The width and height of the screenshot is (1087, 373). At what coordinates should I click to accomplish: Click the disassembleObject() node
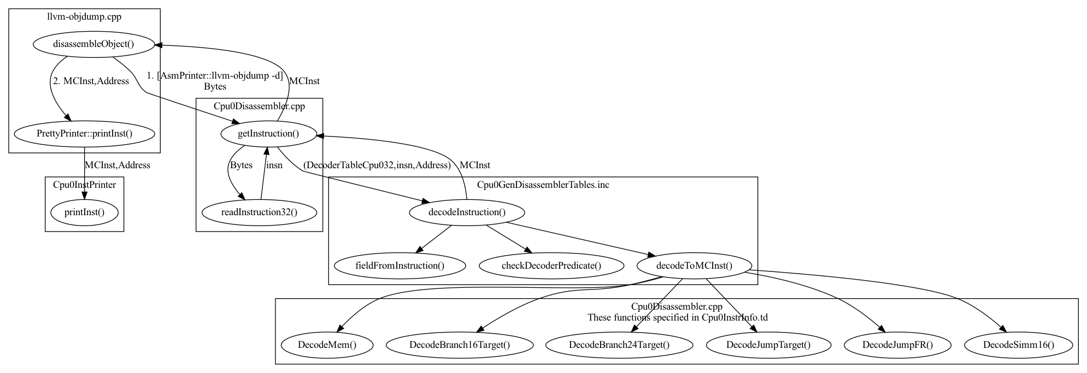tap(93, 45)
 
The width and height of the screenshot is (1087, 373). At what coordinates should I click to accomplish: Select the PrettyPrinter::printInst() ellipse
tap(84, 133)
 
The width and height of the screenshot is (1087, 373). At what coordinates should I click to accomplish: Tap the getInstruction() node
tap(268, 133)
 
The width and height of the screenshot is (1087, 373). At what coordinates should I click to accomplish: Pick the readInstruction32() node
tap(259, 212)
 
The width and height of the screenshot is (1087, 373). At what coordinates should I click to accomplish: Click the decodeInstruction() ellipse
tap(467, 212)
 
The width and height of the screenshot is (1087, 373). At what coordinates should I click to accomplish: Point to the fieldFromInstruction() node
tap(399, 266)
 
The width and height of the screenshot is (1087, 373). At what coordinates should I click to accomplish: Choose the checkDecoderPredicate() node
tap(551, 266)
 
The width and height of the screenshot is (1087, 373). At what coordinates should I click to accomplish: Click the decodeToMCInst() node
tap(694, 266)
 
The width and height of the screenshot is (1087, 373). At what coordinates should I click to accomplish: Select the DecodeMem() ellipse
tap(327, 345)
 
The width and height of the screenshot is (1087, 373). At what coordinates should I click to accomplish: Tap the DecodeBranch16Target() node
tap(459, 345)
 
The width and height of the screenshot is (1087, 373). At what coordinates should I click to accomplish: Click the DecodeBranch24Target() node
tap(619, 345)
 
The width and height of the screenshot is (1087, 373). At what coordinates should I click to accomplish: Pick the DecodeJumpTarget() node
tap(768, 345)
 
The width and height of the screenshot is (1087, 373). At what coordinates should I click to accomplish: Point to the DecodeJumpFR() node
tap(897, 345)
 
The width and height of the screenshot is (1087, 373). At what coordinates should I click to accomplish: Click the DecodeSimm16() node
tap(1018, 345)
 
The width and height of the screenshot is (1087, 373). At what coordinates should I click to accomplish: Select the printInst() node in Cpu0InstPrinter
tap(84, 212)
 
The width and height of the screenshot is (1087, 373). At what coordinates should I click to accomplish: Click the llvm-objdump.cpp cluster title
tap(84, 16)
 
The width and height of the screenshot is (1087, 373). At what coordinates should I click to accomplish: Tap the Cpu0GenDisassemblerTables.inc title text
tap(543, 185)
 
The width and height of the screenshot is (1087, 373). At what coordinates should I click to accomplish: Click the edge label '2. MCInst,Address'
tap(91, 81)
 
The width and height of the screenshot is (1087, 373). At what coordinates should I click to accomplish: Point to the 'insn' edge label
tap(274, 165)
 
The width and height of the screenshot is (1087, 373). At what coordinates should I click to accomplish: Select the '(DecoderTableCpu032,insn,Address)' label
tap(377, 165)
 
